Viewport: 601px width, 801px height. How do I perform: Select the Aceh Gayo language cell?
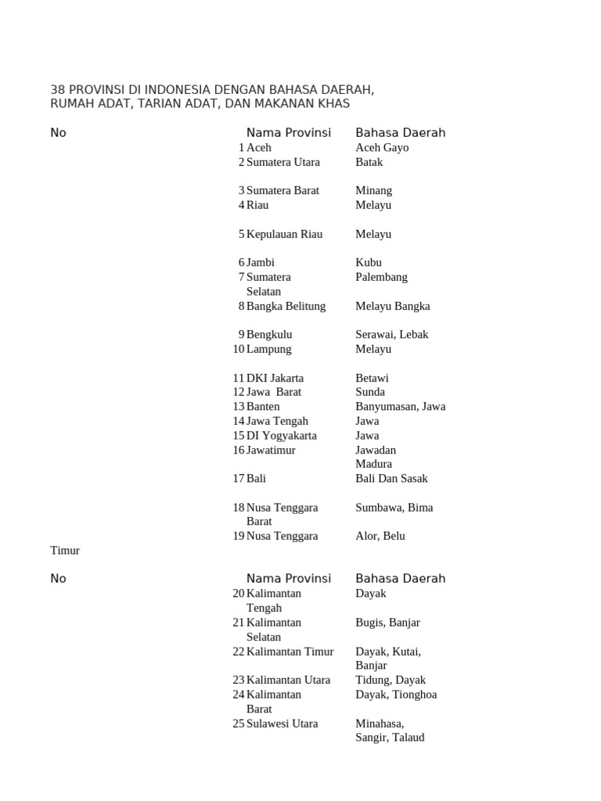coord(382,147)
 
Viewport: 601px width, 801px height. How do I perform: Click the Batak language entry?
coord(369,162)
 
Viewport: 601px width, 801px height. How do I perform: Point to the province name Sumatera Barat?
coord(283,190)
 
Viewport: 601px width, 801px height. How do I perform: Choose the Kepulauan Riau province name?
coord(284,234)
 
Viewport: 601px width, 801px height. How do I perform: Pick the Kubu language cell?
coord(369,262)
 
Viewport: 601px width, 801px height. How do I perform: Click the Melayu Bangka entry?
coord(392,306)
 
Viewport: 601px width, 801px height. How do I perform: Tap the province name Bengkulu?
coord(269,334)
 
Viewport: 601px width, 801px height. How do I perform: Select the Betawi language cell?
coord(372,378)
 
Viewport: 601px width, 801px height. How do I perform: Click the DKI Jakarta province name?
coord(275,378)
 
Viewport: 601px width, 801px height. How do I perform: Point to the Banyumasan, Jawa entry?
coord(400,406)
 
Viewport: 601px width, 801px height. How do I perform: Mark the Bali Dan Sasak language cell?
coord(391,478)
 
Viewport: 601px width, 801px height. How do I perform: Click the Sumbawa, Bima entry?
coord(394,507)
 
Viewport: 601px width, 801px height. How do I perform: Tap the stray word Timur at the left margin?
coord(65,550)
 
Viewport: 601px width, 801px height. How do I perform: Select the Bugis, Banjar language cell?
coord(387,622)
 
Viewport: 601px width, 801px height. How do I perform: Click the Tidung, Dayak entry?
coord(390,680)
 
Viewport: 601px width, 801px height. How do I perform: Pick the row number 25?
coord(239,724)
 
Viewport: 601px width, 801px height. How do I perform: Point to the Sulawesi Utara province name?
coord(282,724)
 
